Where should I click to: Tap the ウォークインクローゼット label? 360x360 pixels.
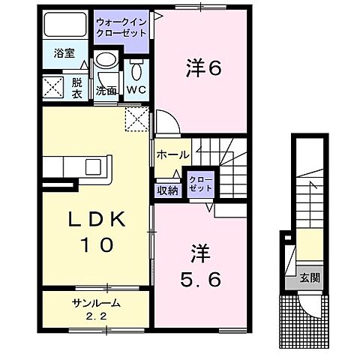point(121,28)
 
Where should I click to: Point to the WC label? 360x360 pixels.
point(136,90)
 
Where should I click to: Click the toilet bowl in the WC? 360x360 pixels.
point(136,70)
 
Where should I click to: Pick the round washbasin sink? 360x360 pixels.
point(106,62)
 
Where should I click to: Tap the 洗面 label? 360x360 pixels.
point(105,91)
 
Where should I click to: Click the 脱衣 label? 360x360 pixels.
point(76,88)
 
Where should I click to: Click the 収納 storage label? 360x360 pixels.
point(168,190)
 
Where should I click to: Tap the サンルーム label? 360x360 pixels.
point(96,303)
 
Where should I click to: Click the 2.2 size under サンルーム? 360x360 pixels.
point(96,316)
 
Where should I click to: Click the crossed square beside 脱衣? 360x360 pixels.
point(54,88)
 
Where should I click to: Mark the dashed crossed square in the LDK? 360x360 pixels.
point(136,118)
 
